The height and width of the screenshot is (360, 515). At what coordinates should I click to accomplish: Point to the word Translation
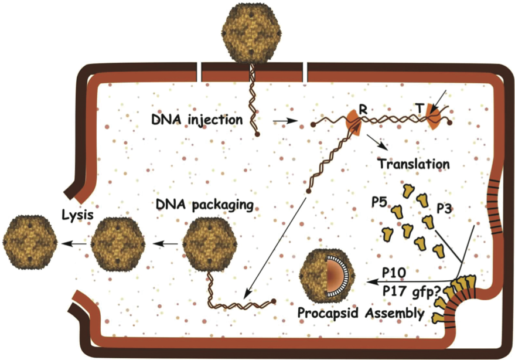coord(414,163)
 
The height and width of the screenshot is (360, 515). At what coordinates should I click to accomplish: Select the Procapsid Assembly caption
coord(360,314)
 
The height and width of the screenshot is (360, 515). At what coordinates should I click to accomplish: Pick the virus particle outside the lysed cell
coord(29,241)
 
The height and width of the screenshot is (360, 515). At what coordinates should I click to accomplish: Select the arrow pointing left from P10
coord(410,282)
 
